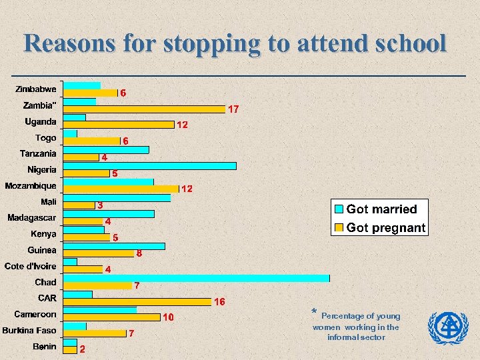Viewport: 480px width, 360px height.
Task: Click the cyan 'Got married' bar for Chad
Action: tap(196, 278)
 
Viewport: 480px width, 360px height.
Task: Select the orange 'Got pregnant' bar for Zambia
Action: tap(145, 109)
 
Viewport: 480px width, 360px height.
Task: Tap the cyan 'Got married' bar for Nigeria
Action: tap(149, 165)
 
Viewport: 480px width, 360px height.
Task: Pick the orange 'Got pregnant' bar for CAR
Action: tap(137, 301)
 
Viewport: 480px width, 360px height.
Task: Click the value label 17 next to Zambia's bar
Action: tap(234, 109)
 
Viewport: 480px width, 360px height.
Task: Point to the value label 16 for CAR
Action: tap(219, 301)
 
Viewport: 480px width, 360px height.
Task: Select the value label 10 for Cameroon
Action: tap(169, 317)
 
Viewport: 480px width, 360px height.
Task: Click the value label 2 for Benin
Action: tap(82, 349)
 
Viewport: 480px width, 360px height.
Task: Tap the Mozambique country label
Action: tap(31, 185)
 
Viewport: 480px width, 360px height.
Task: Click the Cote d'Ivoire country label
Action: tap(31, 266)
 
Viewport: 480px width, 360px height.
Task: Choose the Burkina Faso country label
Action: tap(29, 330)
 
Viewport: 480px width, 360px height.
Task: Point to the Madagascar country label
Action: tap(32, 217)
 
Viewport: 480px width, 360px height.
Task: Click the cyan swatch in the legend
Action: tap(339, 209)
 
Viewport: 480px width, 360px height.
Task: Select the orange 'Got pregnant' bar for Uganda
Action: tap(119, 125)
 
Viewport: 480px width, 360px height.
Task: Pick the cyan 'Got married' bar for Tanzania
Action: tap(106, 149)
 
